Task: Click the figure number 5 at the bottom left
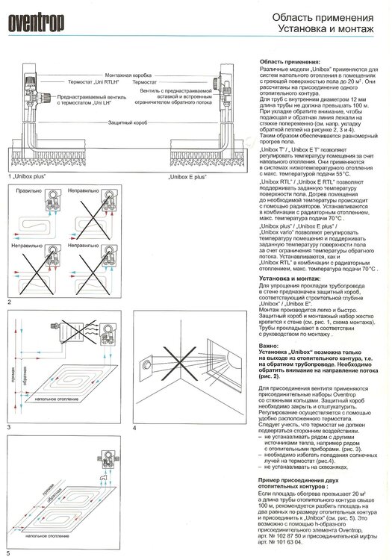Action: [8, 553]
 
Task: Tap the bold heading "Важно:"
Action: [270, 346]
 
